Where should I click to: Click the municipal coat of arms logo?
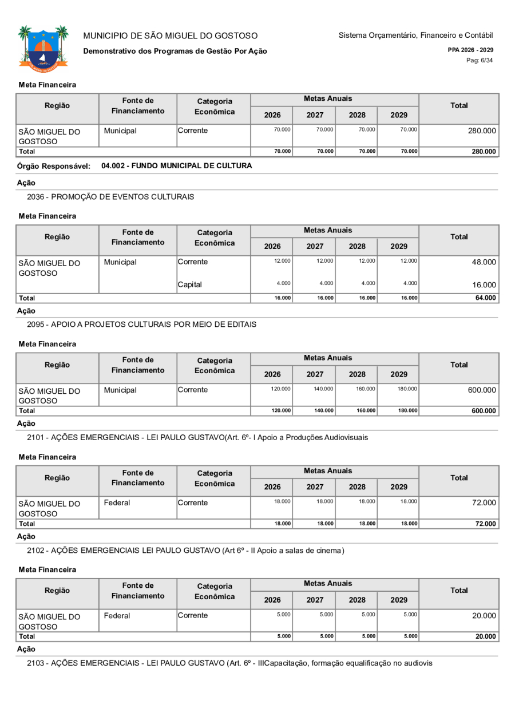(x=43, y=46)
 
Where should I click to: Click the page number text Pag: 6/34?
(x=480, y=60)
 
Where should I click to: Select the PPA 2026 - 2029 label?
(x=471, y=50)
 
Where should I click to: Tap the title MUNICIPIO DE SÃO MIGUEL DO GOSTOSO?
(x=171, y=35)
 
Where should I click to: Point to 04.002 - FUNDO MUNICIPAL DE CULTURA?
(x=176, y=166)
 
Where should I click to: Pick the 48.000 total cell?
(x=483, y=262)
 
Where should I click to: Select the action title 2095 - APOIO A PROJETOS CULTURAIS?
(x=141, y=325)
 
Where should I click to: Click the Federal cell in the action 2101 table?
(x=117, y=503)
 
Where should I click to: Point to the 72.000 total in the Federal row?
(x=483, y=503)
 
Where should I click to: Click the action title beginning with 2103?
(x=229, y=663)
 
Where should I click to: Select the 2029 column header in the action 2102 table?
(x=398, y=598)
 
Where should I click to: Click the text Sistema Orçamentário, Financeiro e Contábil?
(x=415, y=35)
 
